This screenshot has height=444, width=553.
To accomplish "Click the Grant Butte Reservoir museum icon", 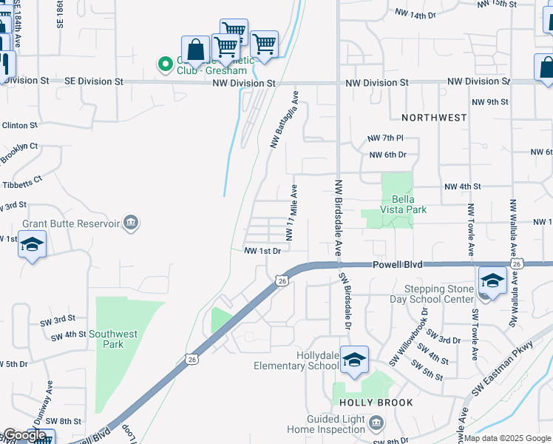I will click(131, 223).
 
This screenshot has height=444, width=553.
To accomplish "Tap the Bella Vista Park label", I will click(399, 204).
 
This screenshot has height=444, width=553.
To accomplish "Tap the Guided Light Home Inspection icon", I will click(376, 423).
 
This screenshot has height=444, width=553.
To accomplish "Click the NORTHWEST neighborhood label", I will click(434, 118).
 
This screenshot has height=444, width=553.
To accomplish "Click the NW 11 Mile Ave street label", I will click(292, 213).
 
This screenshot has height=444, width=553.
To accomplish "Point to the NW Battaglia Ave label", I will click(285, 119).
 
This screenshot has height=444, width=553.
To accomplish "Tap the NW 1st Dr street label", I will click(263, 252).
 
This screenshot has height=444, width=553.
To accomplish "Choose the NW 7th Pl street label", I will click(386, 138).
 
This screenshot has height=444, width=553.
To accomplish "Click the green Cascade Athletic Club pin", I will click(163, 65).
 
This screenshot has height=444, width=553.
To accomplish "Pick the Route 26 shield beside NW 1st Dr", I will click(281, 280).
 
